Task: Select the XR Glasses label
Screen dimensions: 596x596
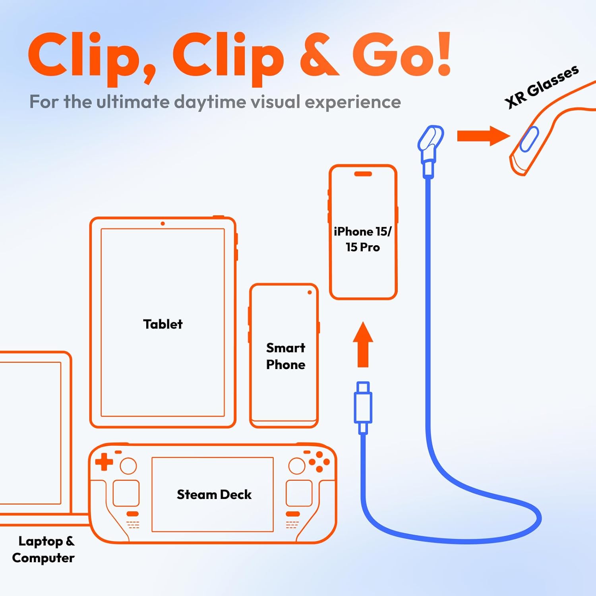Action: [542, 86]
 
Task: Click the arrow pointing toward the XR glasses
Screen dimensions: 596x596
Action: [483, 136]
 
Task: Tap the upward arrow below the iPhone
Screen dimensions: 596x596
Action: [363, 344]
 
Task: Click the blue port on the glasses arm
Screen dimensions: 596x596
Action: [529, 139]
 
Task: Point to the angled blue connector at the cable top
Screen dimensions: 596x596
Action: [430, 143]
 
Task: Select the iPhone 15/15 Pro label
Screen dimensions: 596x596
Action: [363, 239]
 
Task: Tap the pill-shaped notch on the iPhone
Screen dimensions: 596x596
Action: [363, 174]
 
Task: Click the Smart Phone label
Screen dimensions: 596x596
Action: [286, 356]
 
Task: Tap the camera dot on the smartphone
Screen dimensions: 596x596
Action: [310, 292]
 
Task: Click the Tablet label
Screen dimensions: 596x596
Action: [163, 324]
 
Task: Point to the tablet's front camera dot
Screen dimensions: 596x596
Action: [163, 224]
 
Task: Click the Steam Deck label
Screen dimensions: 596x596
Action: [214, 494]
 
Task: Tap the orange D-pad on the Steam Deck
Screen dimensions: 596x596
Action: [104, 462]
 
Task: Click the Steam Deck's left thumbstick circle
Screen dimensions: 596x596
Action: [128, 466]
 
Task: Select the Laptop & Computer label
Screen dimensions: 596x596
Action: [44, 550]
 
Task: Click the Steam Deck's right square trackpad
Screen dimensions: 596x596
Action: [299, 493]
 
